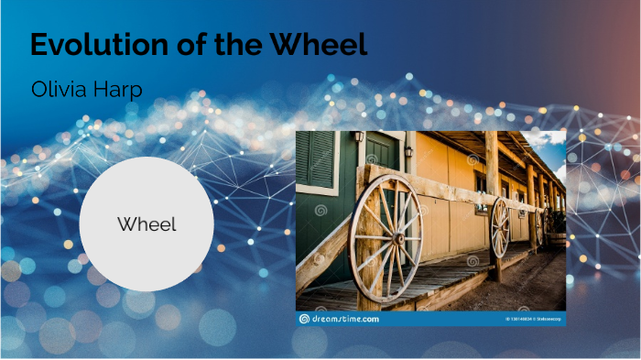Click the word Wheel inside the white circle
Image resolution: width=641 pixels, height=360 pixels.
[x=147, y=224]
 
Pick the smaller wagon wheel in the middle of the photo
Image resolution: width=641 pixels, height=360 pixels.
[x=501, y=226]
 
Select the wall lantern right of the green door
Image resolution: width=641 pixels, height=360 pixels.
[x=409, y=149]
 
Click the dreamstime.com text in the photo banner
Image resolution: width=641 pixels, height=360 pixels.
[x=344, y=319]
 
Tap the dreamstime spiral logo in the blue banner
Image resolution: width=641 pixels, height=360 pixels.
[x=304, y=319]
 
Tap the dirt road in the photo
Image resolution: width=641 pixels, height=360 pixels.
[x=536, y=284]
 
